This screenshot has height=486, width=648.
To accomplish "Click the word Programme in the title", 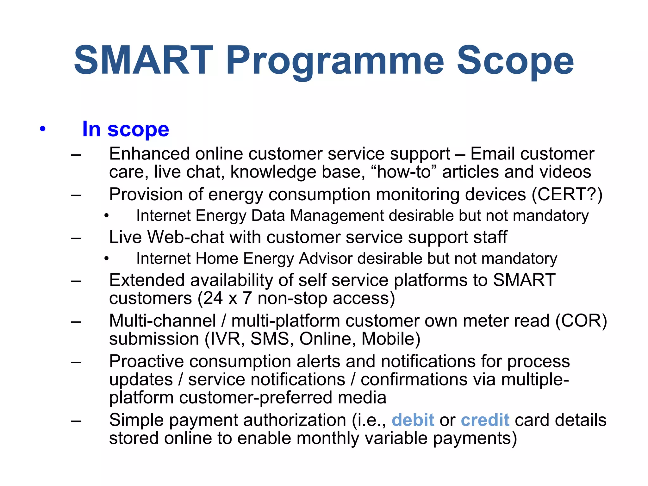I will (335, 61).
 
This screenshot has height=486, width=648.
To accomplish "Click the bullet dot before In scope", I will (43, 129).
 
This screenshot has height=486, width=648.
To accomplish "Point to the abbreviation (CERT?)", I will (567, 194).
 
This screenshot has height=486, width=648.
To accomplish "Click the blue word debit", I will (413, 420).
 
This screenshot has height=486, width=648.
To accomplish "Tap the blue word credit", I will (485, 420).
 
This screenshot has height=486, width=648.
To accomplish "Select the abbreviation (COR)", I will (581, 321).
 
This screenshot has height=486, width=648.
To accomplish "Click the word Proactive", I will (146, 361).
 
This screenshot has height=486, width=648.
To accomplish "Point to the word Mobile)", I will (391, 339).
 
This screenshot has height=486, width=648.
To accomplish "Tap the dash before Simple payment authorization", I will (76, 421).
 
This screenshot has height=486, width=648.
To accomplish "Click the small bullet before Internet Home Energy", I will (107, 259).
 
